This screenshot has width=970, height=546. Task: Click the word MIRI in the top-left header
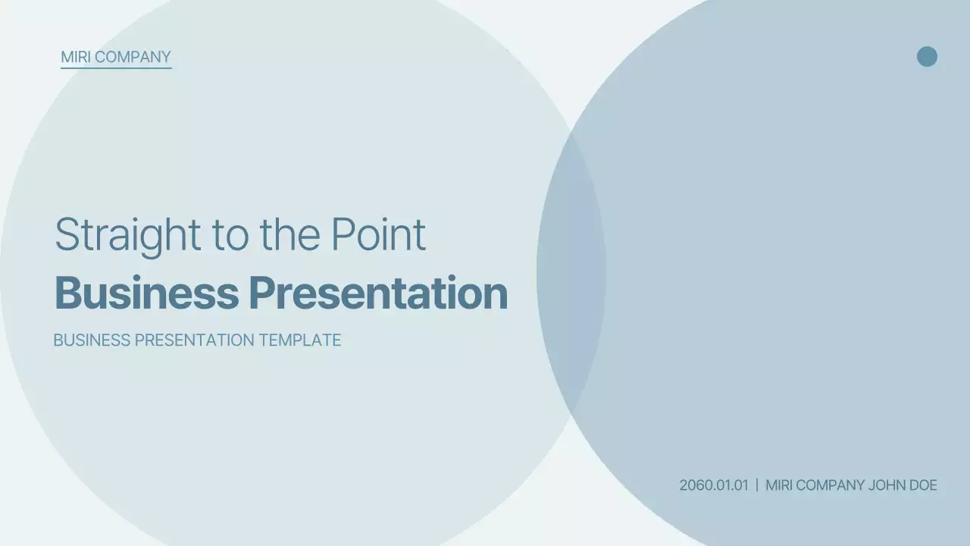[x=75, y=57]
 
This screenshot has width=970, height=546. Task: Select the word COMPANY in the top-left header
[x=133, y=57]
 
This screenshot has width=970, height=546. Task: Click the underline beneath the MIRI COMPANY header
[x=116, y=67]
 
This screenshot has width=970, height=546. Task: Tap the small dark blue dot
[x=927, y=56]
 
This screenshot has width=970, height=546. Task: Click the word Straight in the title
[x=128, y=236]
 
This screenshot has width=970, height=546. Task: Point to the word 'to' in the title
[x=231, y=236]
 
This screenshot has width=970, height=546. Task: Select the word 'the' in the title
[x=290, y=235]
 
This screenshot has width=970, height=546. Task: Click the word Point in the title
[x=378, y=235]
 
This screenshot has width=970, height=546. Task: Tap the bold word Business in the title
[x=146, y=293]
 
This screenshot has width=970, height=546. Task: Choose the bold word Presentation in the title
[x=378, y=293]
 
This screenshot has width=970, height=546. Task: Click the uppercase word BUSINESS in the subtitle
[x=92, y=340]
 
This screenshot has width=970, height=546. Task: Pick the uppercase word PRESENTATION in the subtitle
[x=195, y=340]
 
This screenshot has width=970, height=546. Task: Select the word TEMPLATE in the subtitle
[x=300, y=340]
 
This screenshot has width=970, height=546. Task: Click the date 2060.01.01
[x=714, y=485]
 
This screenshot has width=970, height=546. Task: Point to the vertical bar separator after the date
[x=757, y=485]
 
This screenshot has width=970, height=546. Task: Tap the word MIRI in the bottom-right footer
[x=778, y=485]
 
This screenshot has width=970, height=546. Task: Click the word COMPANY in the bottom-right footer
[x=830, y=485]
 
